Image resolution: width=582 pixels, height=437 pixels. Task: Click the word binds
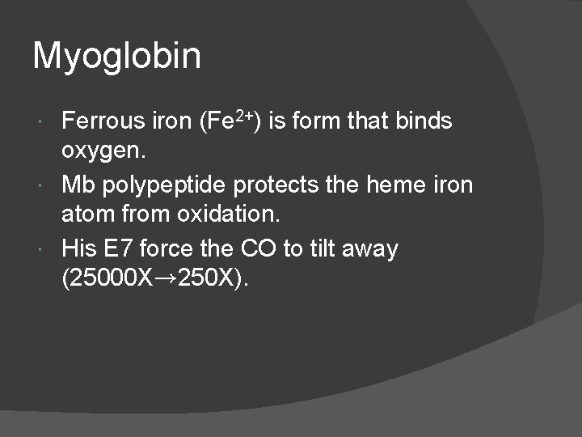tap(424, 121)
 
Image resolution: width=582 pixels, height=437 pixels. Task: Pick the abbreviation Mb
tap(78, 185)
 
